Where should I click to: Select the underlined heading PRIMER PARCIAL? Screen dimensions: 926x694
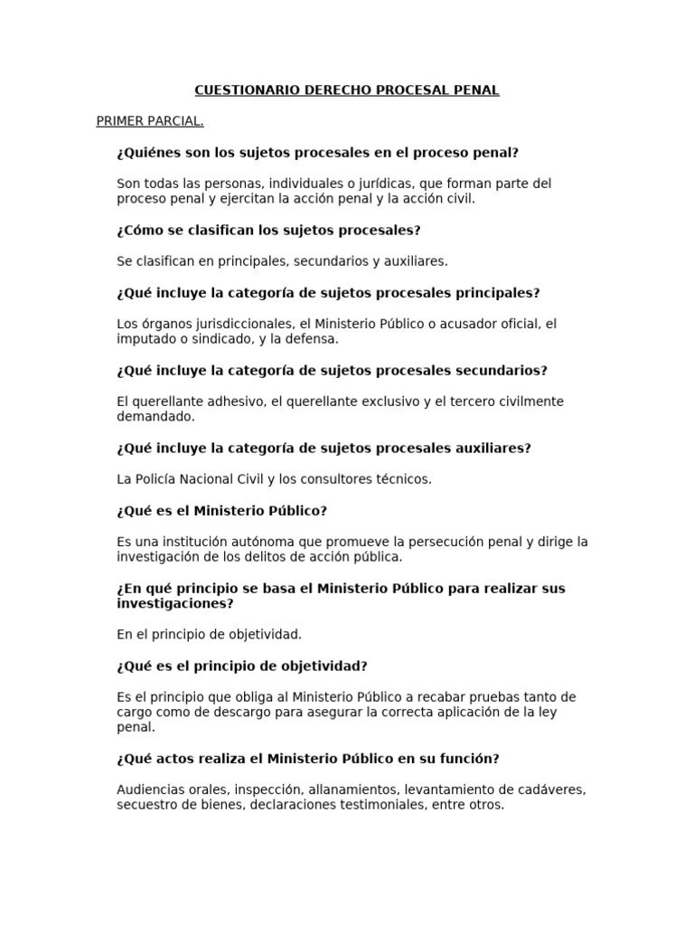pyautogui.click(x=150, y=121)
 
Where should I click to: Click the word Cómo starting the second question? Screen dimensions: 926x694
pyautogui.click(x=145, y=230)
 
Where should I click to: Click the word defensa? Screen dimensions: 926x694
pyautogui.click(x=313, y=339)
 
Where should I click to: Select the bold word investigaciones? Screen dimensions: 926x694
pyautogui.click(x=175, y=603)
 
